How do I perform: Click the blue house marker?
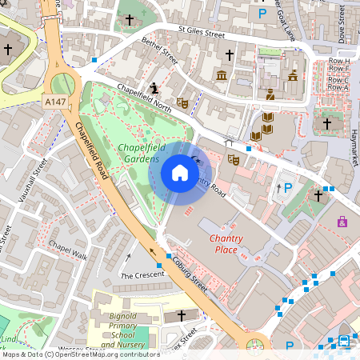click(x=180, y=173)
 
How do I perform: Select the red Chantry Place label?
click(x=226, y=244)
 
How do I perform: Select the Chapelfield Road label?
click(x=92, y=151)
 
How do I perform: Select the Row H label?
click(x=339, y=61)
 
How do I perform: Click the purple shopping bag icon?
click(x=342, y=221)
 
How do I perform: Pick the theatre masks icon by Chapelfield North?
click(x=182, y=102)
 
